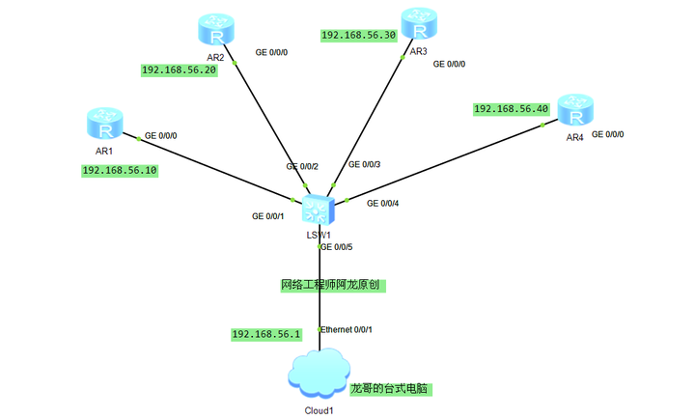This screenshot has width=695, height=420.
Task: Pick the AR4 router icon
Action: point(575,113)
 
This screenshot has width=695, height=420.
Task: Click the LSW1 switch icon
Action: point(317,210)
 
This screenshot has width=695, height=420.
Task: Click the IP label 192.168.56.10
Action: point(120,170)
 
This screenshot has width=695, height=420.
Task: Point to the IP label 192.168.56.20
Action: point(179,70)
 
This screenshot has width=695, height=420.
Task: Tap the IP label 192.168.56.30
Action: point(358,35)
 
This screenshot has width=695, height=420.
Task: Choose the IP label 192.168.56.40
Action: point(512,109)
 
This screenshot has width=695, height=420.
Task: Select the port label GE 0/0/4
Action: point(382,203)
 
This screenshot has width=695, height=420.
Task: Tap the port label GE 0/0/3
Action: point(364,165)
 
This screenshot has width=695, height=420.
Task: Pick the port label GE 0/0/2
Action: point(302,167)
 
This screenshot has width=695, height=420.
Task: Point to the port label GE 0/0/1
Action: point(268,216)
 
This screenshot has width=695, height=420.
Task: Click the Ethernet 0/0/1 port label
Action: point(347,330)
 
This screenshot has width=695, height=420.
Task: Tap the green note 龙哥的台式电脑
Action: point(389,389)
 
